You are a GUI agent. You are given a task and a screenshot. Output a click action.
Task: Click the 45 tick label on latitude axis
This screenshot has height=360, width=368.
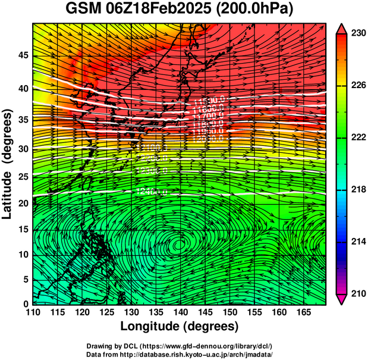(22, 55)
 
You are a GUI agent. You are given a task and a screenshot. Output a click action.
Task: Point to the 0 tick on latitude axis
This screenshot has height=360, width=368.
(25, 304)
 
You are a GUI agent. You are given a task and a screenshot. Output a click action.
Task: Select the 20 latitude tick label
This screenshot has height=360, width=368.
(22, 204)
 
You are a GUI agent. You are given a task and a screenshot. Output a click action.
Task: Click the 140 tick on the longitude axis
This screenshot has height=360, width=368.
(180, 312)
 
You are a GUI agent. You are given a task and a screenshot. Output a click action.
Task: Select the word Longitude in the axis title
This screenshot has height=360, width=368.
(156, 326)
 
